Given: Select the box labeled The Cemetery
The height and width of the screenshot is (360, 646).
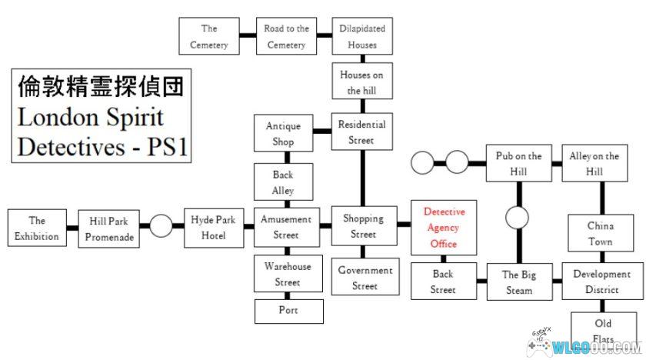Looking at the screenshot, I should (209, 36).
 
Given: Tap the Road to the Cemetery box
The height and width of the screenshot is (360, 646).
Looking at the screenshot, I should (286, 36).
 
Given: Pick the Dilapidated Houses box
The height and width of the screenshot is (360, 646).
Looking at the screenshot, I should (362, 36).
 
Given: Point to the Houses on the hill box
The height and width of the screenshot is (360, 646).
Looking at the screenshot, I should (362, 82).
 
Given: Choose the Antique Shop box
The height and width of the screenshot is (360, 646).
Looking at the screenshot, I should (283, 134).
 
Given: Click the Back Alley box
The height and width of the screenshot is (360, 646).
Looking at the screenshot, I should (283, 182).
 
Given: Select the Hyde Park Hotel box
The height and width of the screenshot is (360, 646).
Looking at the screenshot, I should (213, 227).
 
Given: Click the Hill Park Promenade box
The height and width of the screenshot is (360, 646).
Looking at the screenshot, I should (109, 228).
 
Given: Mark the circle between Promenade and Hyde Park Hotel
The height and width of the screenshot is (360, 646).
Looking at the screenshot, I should (161, 227).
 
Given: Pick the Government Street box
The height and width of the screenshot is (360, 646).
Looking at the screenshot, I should (365, 278).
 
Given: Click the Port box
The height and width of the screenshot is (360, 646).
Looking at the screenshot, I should (288, 311).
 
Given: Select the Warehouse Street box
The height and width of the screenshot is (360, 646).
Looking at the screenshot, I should (288, 274).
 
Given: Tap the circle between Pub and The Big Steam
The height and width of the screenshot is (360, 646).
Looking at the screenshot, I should (518, 218).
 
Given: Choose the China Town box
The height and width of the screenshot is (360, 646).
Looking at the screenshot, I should (601, 234).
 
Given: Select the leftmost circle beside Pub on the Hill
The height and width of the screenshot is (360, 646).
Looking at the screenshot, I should (424, 163).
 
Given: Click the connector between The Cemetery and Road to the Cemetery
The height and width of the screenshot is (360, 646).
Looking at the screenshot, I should (247, 35).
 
